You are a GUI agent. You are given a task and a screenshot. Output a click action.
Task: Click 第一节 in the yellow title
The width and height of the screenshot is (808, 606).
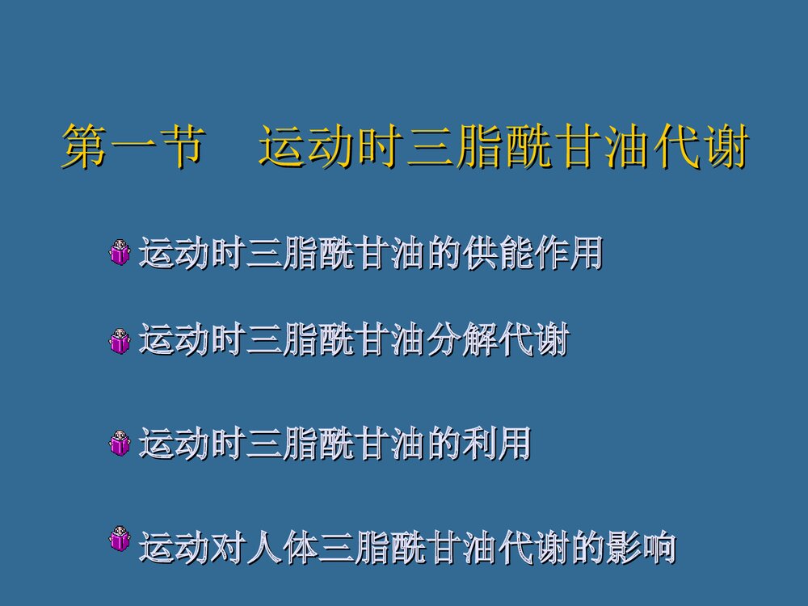tap(130, 147)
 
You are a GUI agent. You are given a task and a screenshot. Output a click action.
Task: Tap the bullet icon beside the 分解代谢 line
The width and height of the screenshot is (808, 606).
tap(120, 341)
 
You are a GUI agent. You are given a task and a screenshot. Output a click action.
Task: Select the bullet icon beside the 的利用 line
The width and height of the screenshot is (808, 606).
tap(120, 444)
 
